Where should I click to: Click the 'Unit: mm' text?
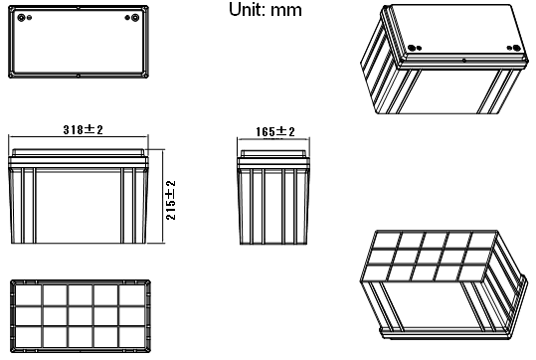[x=266, y=10]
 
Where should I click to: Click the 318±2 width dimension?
[x=84, y=130]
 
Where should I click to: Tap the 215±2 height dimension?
[x=171, y=200]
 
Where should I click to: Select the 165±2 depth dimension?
[x=275, y=131]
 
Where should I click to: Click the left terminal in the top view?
[x=21, y=17]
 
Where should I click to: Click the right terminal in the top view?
[x=135, y=18]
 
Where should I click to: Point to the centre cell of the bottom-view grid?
[x=81, y=316]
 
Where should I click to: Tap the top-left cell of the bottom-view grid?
[x=29, y=295]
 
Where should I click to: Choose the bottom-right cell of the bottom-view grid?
[x=132, y=337]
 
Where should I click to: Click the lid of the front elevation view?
[x=79, y=153]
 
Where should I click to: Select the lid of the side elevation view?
[x=273, y=153]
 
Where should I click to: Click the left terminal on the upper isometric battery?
[x=413, y=48]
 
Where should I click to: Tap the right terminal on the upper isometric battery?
[x=516, y=48]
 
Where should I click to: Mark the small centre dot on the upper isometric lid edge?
[x=464, y=61]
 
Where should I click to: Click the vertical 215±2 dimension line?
[x=163, y=196]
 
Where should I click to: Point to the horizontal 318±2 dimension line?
[x=79, y=137]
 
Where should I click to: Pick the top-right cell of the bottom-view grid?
[x=132, y=295]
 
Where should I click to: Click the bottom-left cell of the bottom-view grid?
[x=29, y=337]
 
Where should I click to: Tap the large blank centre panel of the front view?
[x=79, y=206]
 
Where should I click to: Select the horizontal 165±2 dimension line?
[x=273, y=139]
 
